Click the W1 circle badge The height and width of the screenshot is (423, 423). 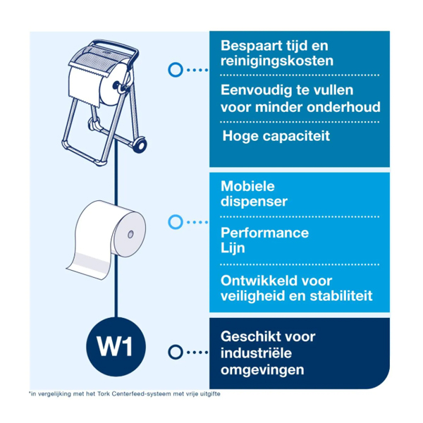coord(116,347)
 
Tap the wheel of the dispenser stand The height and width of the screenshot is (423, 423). coord(140,145)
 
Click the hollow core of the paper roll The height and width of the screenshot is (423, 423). coord(130,234)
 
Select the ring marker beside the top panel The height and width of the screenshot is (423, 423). coord(176,70)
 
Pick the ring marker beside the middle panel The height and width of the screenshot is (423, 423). coord(176,222)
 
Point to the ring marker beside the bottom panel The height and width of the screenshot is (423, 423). coord(176,352)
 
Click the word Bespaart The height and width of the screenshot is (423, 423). coord(248,47)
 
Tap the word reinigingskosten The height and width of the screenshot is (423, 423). coord(277,61)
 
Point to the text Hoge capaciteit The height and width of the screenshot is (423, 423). coord(276,136)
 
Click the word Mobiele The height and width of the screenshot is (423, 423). coord(247,186)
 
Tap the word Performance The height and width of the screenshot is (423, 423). coord(264,233)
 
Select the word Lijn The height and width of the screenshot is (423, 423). coord(233,248)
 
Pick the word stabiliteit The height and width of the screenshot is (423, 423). coord(341,296)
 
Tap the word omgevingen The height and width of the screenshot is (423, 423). coord(262,370)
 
